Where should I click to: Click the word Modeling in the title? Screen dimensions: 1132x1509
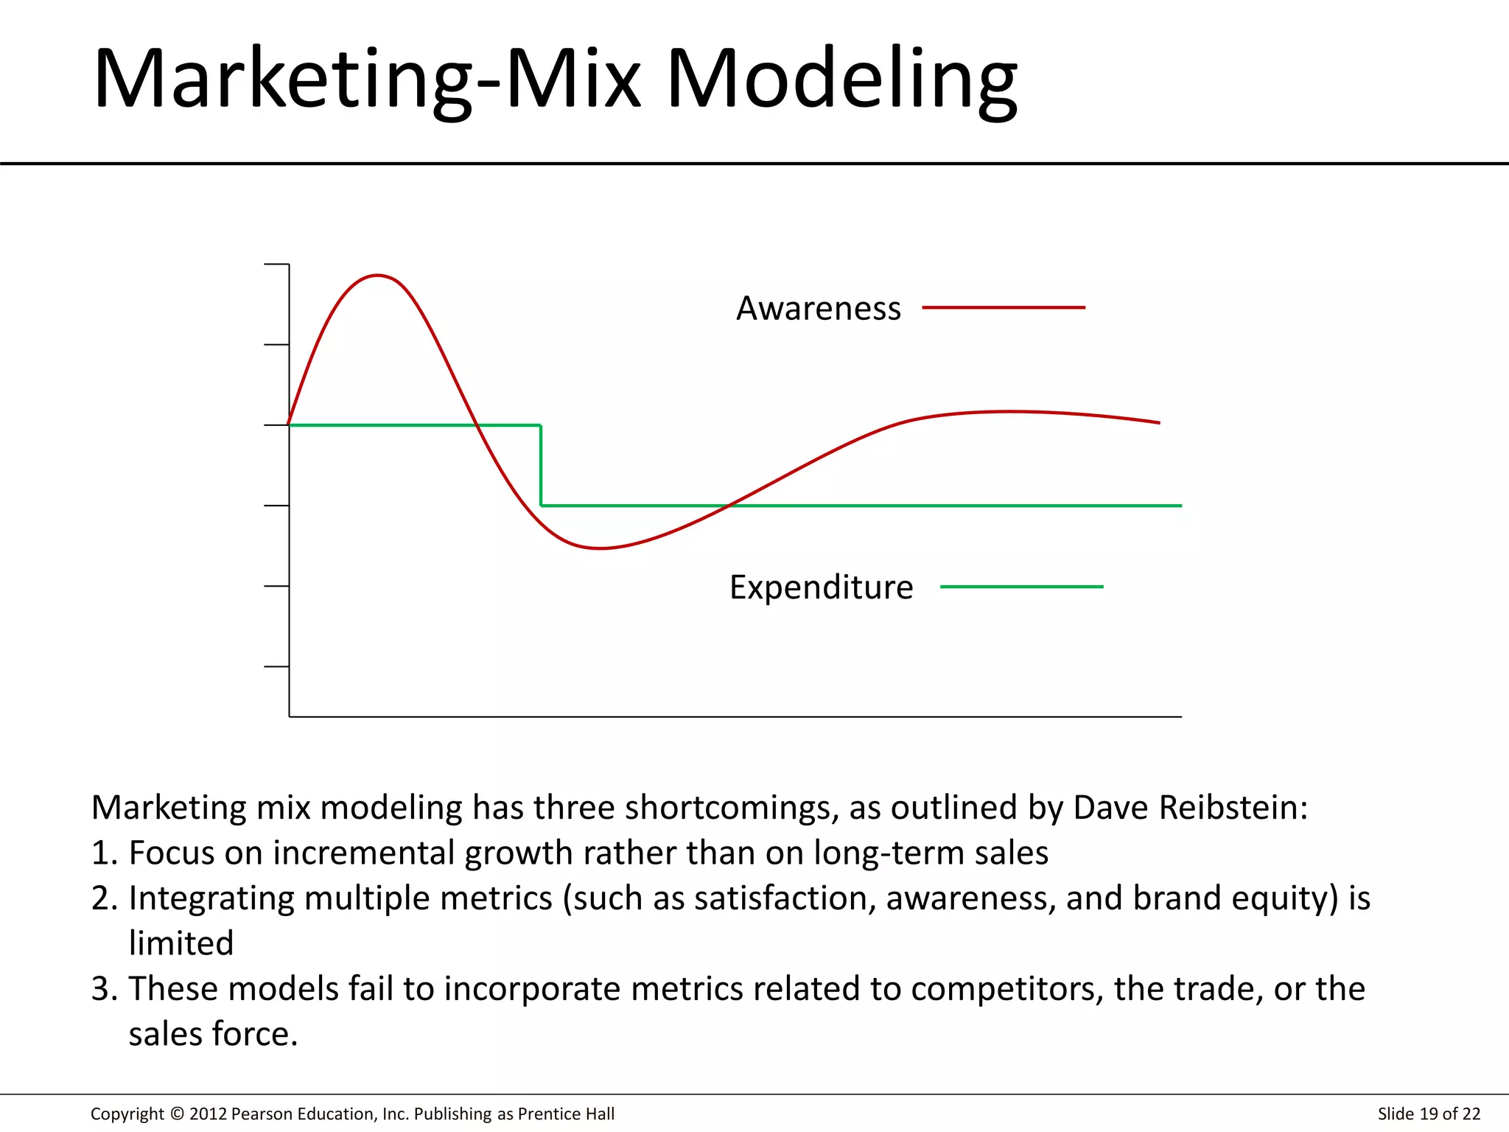pyautogui.click(x=841, y=80)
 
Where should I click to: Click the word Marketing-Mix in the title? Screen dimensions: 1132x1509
pyautogui.click(x=366, y=80)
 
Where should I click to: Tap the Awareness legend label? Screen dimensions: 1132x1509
pyautogui.click(x=819, y=308)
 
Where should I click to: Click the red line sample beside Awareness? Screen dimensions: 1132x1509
pyautogui.click(x=1004, y=307)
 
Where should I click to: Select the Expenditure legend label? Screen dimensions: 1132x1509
pyautogui.click(x=821, y=587)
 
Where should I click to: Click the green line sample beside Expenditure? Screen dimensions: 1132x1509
pyautogui.click(x=1021, y=587)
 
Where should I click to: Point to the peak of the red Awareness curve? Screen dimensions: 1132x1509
pyautogui.click(x=377, y=276)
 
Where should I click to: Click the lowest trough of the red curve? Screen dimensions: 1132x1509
pyautogui.click(x=601, y=548)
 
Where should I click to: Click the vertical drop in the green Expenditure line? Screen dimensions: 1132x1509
pyautogui.click(x=541, y=466)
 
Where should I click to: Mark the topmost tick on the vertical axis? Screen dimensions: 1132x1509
pyautogui.click(x=276, y=264)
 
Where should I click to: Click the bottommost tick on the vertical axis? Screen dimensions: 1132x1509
pyautogui.click(x=276, y=666)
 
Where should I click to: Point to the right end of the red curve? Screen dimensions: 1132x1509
pyautogui.click(x=1158, y=422)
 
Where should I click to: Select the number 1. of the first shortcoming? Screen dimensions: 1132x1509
pyautogui.click(x=105, y=853)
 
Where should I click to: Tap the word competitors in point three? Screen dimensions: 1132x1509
pyautogui.click(x=1006, y=989)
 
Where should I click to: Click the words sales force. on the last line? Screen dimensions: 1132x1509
pyautogui.click(x=213, y=1034)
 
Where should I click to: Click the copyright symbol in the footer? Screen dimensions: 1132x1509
pyautogui.click(x=177, y=1114)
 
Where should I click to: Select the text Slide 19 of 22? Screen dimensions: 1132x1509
pyautogui.click(x=1428, y=1114)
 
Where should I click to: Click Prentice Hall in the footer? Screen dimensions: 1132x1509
pyautogui.click(x=566, y=1114)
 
